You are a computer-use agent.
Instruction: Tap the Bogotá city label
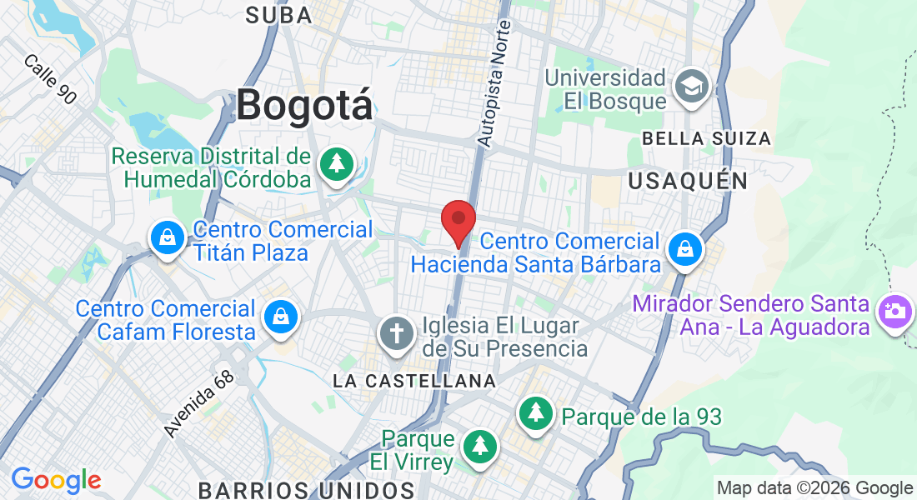click(304, 106)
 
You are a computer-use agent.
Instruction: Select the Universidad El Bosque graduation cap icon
click(692, 87)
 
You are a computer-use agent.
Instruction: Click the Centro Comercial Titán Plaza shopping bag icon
click(168, 239)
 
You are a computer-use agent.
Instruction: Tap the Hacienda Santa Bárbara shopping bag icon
click(684, 249)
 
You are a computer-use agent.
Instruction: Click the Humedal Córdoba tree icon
click(336, 163)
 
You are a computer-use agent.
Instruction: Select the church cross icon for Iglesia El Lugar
click(397, 334)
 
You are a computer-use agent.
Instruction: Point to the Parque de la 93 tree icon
click(535, 414)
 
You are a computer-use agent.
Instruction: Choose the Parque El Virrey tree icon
click(479, 446)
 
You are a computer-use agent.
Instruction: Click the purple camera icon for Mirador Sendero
click(894, 313)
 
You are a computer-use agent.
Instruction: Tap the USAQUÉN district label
click(688, 180)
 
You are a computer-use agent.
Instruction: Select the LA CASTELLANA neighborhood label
click(414, 381)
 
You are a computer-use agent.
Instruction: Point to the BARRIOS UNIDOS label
click(306, 488)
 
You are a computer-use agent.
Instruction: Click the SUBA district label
click(279, 14)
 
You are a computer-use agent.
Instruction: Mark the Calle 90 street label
click(50, 79)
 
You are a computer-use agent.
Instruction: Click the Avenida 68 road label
click(199, 403)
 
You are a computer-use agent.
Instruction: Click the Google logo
click(56, 480)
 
